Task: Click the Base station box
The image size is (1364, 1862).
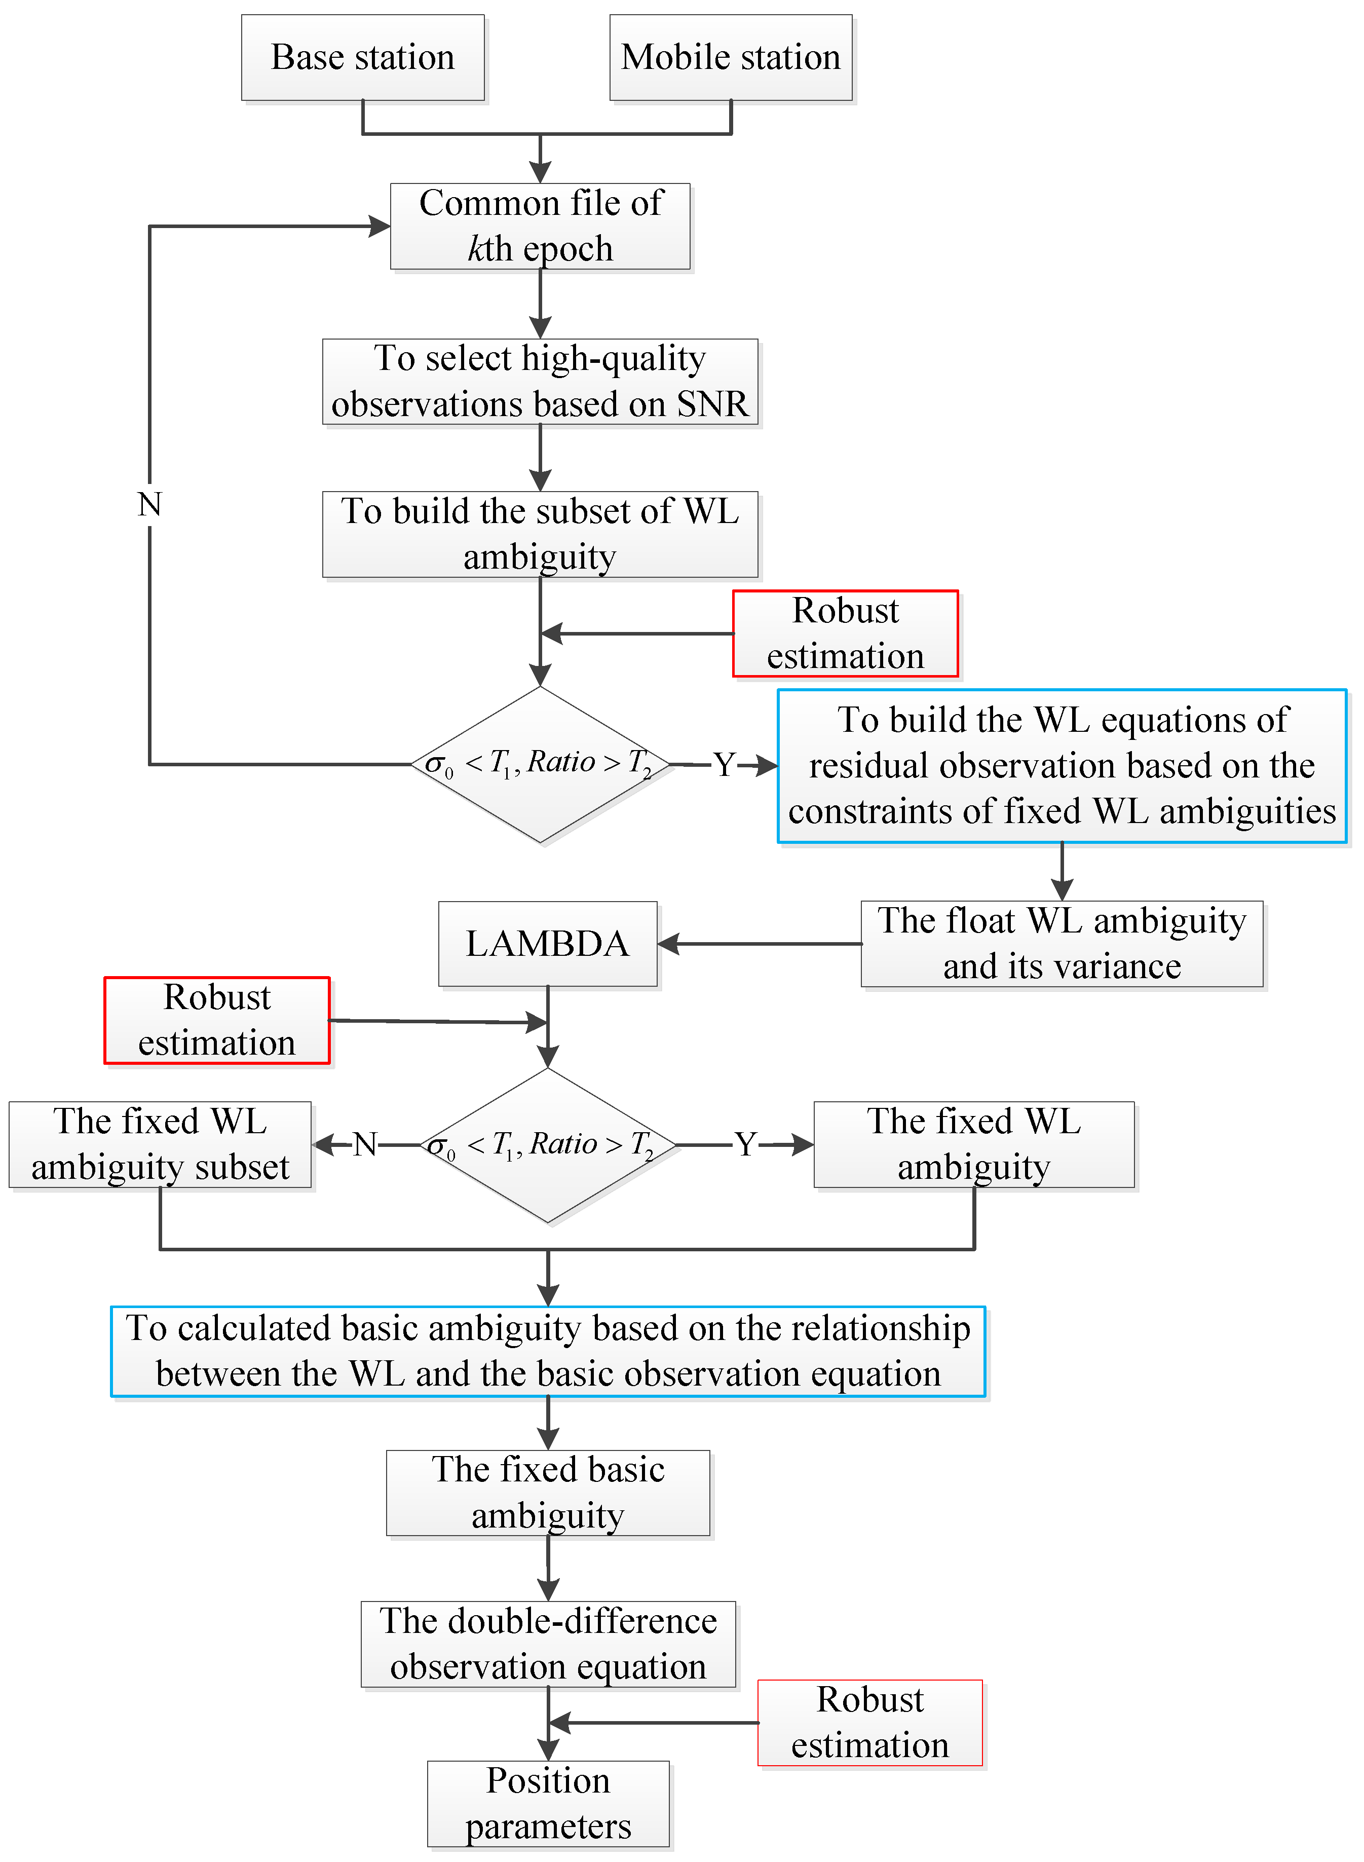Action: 362,58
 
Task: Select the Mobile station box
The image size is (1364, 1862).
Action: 731,58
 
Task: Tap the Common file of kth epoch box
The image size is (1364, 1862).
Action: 540,226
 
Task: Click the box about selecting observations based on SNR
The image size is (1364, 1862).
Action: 540,382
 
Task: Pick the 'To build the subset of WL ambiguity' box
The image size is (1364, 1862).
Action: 540,534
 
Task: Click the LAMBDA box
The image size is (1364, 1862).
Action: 547,944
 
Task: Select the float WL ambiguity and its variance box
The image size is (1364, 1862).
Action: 1062,944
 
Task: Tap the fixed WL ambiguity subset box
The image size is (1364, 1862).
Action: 160,1144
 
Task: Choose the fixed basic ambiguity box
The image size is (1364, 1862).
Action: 548,1493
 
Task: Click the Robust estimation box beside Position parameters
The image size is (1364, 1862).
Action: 870,1723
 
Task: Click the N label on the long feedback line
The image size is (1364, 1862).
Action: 149,504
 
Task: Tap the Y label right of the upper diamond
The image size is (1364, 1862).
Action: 724,765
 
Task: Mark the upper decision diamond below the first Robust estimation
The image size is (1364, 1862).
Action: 540,765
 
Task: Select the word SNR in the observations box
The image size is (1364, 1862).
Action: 712,404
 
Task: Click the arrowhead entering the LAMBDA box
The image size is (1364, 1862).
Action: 668,944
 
